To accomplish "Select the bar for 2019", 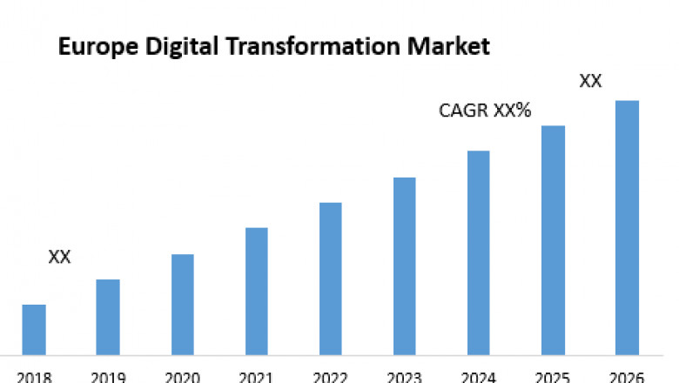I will (x=108, y=317).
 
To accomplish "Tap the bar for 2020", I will (x=182, y=304).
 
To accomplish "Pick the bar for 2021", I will (x=256, y=291).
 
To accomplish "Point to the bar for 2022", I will (x=330, y=279).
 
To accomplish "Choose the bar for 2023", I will (x=404, y=265).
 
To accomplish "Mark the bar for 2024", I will (x=478, y=252).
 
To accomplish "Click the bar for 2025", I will (x=553, y=240).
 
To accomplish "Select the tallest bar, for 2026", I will (x=627, y=227).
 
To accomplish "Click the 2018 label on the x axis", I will (x=33, y=377).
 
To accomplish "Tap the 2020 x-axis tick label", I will (x=182, y=377).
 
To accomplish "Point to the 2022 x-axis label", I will (x=330, y=377).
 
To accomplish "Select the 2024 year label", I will (x=478, y=377).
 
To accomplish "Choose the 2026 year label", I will (x=627, y=377).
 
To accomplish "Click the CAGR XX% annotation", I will (x=485, y=111).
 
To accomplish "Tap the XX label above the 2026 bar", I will (x=591, y=82).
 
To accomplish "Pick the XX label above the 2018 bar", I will (x=59, y=257).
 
